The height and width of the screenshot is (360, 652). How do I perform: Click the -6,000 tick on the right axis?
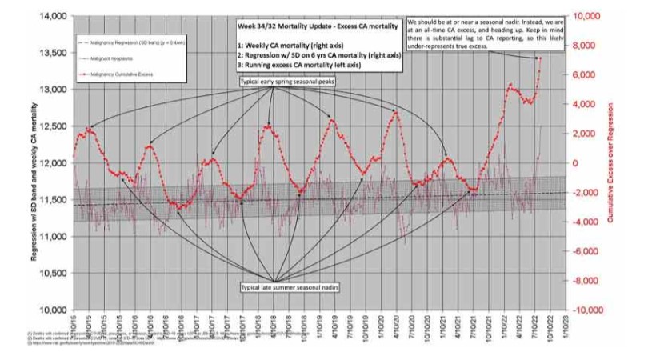(x=590, y=250)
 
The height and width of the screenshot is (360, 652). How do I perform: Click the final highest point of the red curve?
(x=540, y=58)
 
